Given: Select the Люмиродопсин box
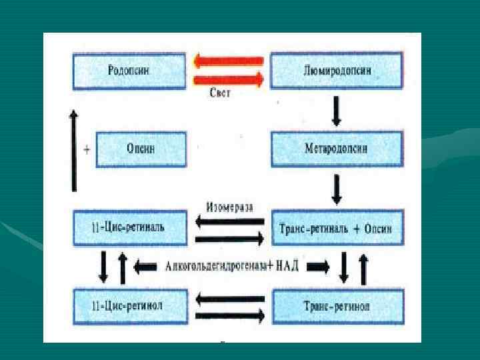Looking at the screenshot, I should [337, 70].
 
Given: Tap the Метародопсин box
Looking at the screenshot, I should [337, 149].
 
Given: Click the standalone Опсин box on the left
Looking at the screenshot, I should [141, 149].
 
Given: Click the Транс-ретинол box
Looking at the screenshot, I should [337, 305].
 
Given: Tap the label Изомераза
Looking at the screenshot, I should [229, 207].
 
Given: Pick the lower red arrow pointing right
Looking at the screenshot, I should [229, 79].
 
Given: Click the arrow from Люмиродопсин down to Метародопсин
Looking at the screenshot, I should [337, 110].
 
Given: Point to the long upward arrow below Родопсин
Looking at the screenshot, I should [74, 150].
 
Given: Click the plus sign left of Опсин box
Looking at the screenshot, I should [87, 149].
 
